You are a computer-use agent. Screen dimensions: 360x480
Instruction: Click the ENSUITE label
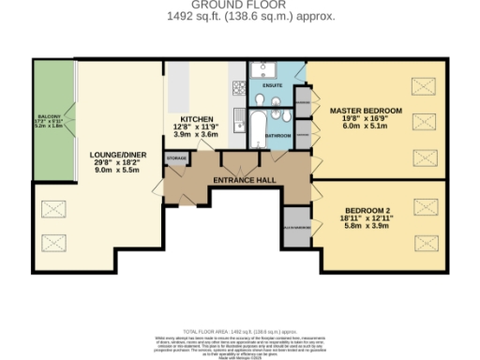click(272, 86)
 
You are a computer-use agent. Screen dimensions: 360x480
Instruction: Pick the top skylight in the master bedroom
click(425, 85)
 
